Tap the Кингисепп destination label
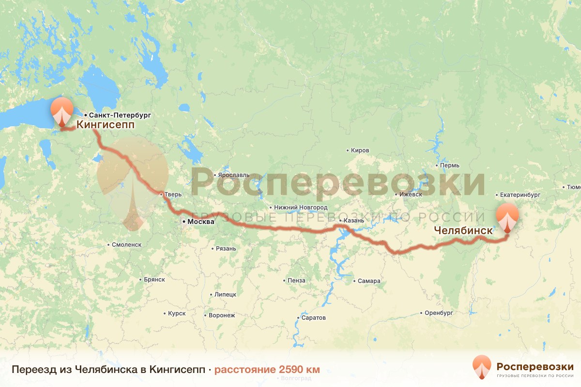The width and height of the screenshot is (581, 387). [x=105, y=125]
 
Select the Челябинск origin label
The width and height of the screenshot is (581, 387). [x=463, y=231]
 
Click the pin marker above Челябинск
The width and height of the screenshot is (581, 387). [x=507, y=216]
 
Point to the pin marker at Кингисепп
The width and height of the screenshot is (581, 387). [x=61, y=110]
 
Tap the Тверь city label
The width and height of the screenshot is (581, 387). [x=173, y=194]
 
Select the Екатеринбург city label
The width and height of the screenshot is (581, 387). [x=520, y=195]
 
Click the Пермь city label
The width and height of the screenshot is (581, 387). [x=450, y=165]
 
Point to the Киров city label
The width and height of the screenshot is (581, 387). [x=360, y=150]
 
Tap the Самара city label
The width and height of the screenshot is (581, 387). [x=369, y=281]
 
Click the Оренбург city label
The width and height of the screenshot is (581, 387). [x=439, y=313]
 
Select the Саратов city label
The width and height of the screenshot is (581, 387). [x=314, y=318]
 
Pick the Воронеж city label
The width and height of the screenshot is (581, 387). [x=222, y=315]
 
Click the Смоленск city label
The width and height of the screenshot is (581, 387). [x=126, y=245]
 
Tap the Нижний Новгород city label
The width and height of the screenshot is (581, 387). [x=300, y=208]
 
